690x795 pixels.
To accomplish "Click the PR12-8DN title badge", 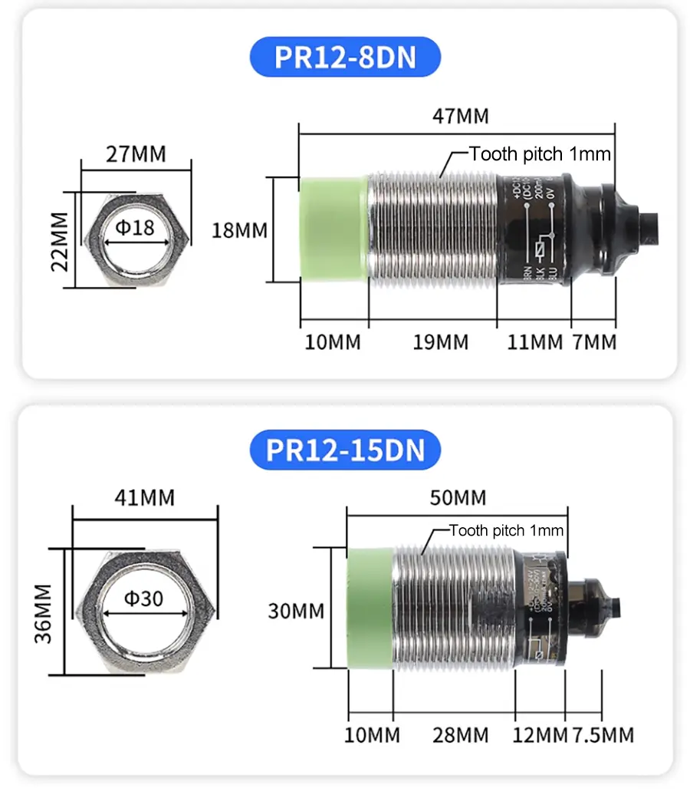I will point(345,57).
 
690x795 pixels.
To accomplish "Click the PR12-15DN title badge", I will point(345,450).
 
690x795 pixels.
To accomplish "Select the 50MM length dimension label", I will point(458,498).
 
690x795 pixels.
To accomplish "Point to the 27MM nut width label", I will point(136,153).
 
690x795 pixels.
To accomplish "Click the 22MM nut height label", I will point(60,239).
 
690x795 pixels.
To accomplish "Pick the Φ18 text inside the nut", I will point(135,228).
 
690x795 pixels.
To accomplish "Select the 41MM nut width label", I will point(144,498).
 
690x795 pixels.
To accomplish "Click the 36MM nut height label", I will point(43,612).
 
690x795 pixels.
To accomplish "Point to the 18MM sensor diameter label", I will point(240,229).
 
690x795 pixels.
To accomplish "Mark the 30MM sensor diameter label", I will point(295,612).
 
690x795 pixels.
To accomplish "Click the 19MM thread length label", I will point(440,342).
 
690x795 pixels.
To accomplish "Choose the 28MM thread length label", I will point(460,735).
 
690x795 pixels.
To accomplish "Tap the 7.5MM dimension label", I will point(603,735).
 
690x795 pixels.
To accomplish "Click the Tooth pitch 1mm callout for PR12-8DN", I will point(540,154).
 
